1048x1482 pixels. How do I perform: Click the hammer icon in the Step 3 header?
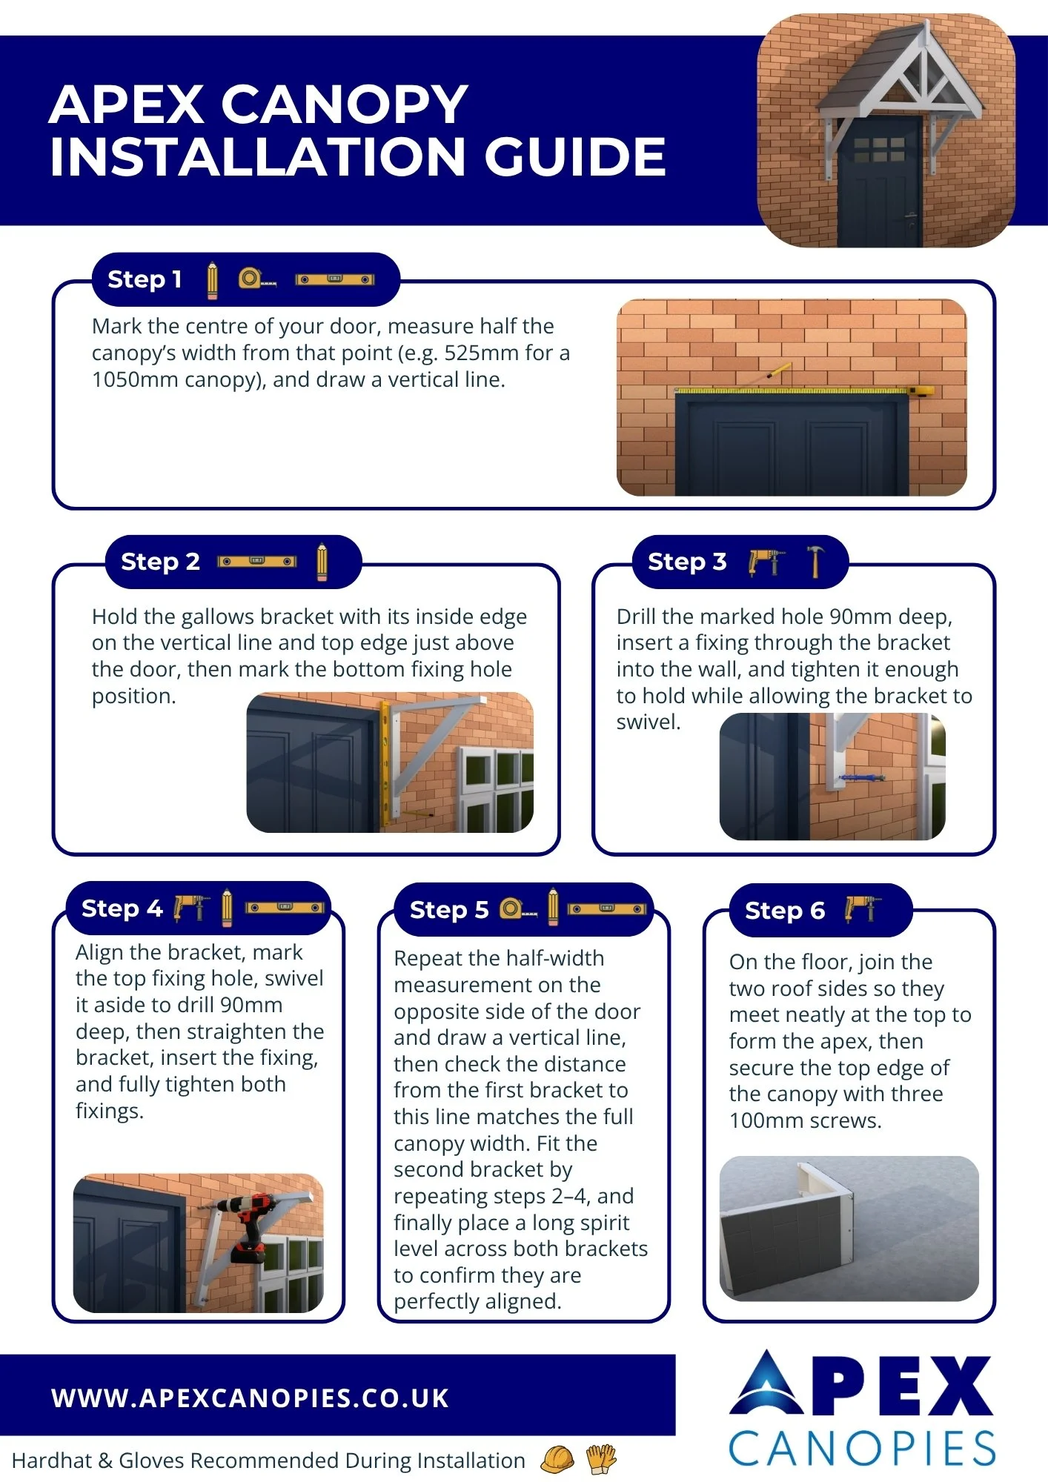(x=816, y=561)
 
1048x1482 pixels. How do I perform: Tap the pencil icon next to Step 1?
(x=213, y=280)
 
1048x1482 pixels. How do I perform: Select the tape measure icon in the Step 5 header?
(x=518, y=908)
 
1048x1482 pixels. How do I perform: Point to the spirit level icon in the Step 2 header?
(x=257, y=562)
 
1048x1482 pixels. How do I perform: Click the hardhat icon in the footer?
(x=557, y=1459)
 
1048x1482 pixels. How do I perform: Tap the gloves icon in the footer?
(x=601, y=1458)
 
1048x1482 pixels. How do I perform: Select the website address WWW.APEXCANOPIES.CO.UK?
(x=250, y=1398)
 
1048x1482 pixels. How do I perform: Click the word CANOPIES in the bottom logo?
(x=862, y=1449)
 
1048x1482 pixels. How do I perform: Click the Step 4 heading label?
(x=122, y=908)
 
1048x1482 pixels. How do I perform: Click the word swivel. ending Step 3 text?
(x=649, y=722)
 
